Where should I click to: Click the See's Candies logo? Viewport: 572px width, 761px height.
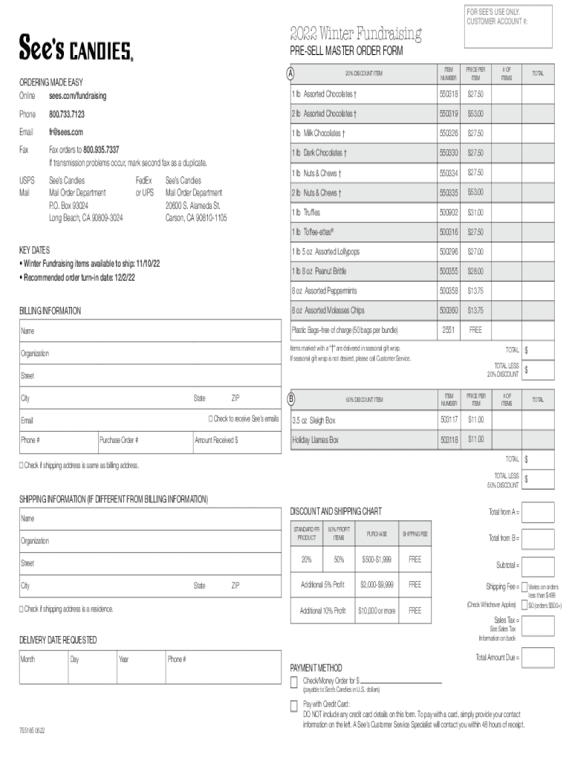76,49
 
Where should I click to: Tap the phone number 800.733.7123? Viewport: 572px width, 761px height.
67,114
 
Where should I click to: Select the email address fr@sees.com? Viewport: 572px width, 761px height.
66,132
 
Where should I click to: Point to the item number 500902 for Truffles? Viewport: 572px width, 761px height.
448,212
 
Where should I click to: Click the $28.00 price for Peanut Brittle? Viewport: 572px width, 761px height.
475,271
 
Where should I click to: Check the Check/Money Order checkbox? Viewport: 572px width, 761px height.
294,681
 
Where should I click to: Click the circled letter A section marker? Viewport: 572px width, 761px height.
291,73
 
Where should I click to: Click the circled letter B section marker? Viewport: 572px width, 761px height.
292,399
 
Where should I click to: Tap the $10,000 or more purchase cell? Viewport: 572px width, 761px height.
377,611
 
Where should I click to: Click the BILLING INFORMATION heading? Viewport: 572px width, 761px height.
50,311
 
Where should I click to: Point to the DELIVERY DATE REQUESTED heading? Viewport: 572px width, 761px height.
57,640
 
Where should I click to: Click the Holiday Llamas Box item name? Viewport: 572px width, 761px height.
315,440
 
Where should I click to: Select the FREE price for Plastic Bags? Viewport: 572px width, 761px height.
475,330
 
